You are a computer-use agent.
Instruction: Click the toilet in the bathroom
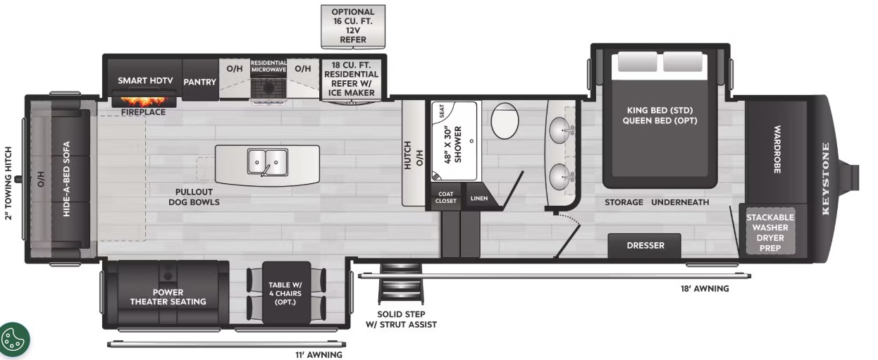coord(505,120)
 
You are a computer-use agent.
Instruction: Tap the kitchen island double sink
coord(268,162)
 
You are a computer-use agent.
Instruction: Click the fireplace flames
coord(144,102)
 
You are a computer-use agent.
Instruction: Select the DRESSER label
coord(645,246)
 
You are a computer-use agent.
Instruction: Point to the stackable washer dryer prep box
coord(770,232)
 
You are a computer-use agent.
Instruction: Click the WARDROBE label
coord(777,149)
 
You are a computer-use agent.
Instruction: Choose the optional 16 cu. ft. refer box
coord(353,26)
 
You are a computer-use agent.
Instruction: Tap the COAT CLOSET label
coord(445,197)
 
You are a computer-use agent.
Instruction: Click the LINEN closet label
coord(479,199)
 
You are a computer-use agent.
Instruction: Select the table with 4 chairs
coord(286,293)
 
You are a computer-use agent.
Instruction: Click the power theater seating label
coord(168,297)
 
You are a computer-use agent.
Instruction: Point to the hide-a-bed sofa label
coord(66,179)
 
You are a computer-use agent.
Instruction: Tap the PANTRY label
coord(200,82)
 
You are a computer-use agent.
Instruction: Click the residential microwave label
coord(268,66)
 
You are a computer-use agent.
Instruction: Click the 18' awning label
coord(705,289)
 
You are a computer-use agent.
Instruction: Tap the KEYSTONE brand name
coord(825,179)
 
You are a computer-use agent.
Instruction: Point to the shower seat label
coord(442,111)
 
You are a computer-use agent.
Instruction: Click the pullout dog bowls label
coord(194,197)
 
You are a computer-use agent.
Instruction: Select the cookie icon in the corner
coord(14,339)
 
